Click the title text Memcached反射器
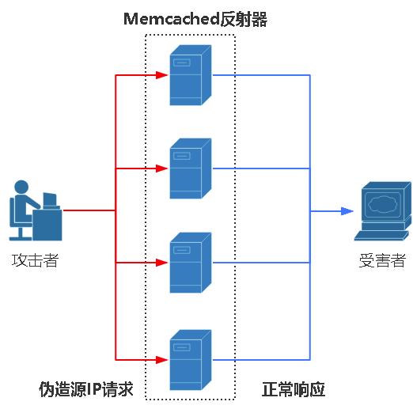pos(195,20)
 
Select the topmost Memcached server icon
pos(191,75)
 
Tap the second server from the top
pos(191,169)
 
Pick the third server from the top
pos(191,262)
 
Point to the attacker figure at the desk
pos(35,210)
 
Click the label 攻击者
pos(35,259)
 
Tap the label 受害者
pos(382,260)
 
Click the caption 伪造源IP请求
pos(86,389)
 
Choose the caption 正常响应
pos(294,389)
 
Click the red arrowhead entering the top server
pos(163,75)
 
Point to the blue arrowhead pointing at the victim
pos(347,211)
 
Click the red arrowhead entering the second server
pos(163,169)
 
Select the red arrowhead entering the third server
pos(163,262)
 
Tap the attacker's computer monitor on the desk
pos(49,199)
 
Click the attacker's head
pos(22,187)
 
